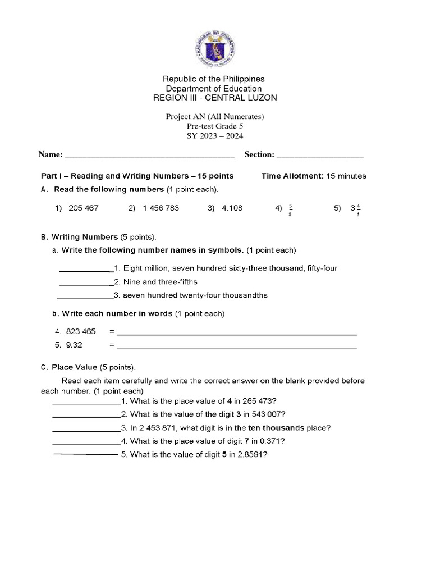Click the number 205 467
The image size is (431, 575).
click(84, 208)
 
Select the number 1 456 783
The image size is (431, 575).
click(161, 208)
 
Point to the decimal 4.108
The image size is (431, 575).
click(232, 208)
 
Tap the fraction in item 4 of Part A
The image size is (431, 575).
click(291, 209)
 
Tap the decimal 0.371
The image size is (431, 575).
click(256, 441)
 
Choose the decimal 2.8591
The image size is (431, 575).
click(249, 455)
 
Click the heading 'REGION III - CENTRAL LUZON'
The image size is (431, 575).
click(215, 98)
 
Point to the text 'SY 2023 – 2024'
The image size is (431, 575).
click(215, 135)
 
